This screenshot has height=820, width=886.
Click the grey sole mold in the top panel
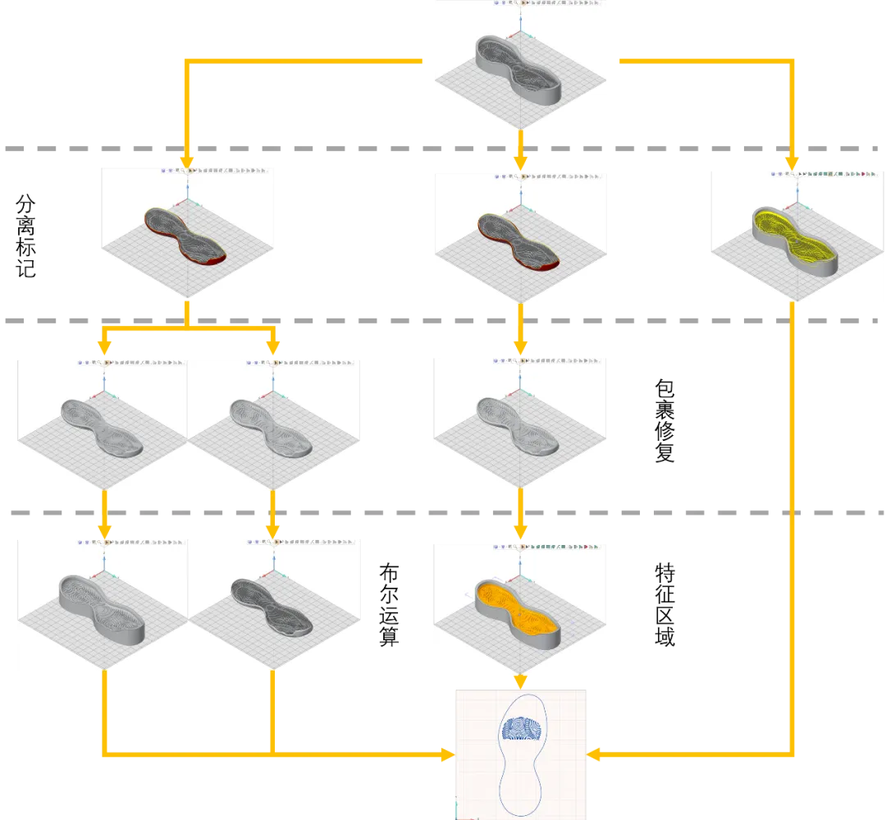[x=518, y=68]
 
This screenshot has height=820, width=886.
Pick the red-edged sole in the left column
[x=185, y=237]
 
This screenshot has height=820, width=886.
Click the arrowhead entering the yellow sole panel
[x=792, y=161]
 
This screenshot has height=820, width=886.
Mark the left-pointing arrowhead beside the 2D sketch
[x=596, y=754]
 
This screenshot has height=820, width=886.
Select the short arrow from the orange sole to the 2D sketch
[x=519, y=682]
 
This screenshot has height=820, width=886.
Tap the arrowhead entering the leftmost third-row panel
[x=104, y=348]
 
